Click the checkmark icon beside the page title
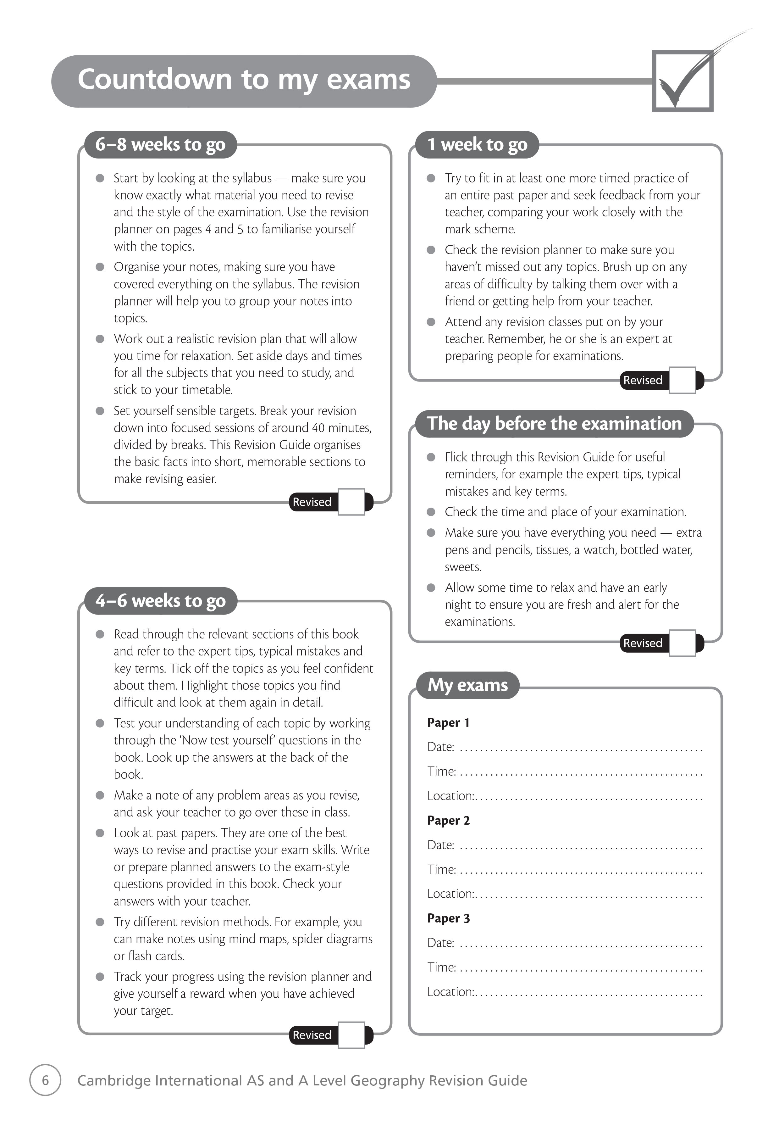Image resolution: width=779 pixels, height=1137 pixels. point(683,81)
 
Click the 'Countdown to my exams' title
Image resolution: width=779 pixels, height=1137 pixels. point(244,80)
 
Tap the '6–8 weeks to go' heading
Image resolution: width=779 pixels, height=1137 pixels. point(160,145)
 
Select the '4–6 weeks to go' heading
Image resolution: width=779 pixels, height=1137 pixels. point(160,601)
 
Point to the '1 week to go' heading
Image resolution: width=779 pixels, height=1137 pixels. point(477,145)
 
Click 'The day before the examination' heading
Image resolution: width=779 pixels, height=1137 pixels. point(554,424)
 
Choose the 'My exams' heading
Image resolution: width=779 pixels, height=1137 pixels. point(467,685)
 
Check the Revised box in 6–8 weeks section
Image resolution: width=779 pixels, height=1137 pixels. point(351,502)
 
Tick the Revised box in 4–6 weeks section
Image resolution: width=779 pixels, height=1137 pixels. point(351,1035)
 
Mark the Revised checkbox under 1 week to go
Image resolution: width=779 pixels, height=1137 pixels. point(682,380)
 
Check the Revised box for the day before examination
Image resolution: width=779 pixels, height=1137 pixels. point(682,643)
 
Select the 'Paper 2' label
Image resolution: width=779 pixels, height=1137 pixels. point(448,821)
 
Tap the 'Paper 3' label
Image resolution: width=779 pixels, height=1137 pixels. point(448,918)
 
